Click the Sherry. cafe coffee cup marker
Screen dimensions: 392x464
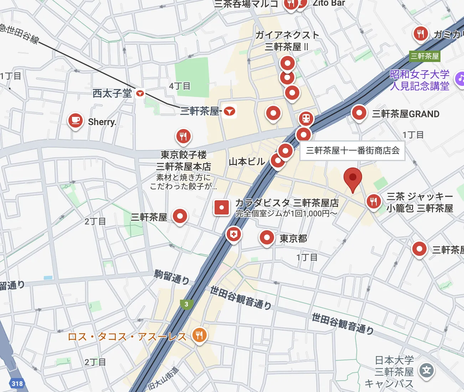[76, 120]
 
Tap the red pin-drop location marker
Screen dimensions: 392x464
[352, 178]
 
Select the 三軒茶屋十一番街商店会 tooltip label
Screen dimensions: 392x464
[352, 151]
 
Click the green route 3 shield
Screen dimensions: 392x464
[186, 304]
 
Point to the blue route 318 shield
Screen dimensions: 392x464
[17, 383]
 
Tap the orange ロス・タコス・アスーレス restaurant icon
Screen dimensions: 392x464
[199, 335]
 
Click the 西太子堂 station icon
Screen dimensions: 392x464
[140, 93]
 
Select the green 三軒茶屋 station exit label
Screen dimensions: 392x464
[424, 56]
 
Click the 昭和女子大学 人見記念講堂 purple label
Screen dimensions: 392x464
[419, 80]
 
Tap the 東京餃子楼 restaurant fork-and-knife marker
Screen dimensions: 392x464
[183, 136]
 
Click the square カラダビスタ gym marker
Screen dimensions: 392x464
[221, 207]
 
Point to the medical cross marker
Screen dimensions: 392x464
[233, 234]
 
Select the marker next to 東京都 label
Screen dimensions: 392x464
[267, 237]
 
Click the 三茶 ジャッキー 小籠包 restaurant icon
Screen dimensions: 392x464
[373, 201]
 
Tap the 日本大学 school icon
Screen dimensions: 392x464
[426, 371]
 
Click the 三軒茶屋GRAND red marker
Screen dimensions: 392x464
[359, 113]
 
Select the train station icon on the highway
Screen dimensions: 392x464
[306, 118]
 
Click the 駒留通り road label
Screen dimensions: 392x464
[171, 277]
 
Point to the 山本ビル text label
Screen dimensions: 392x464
[247, 161]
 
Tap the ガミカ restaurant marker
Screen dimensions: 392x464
[421, 34]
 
